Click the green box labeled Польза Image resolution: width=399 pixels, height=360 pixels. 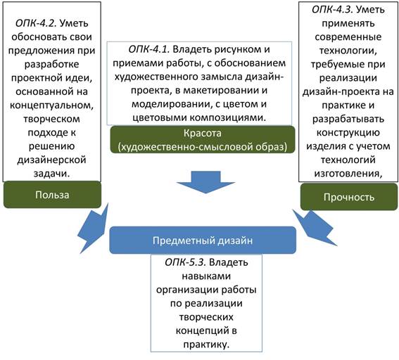pyautogui.click(x=52, y=195)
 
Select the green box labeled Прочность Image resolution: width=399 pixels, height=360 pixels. pyautogui.click(x=349, y=197)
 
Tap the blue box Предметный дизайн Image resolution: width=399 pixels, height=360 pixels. pyautogui.click(x=203, y=240)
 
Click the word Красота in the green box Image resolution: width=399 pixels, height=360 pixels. pyautogui.click(x=203, y=133)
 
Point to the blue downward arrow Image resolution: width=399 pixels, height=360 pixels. pyautogui.click(x=205, y=182)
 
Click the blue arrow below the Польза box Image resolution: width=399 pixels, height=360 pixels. pyautogui.click(x=93, y=229)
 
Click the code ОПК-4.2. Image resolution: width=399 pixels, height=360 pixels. pyautogui.click(x=36, y=23)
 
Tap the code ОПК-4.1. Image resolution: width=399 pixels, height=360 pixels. pyautogui.click(x=149, y=49)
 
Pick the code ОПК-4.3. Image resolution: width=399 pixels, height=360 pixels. pyautogui.click(x=332, y=10)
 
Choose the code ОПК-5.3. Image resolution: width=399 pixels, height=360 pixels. pyautogui.click(x=185, y=262)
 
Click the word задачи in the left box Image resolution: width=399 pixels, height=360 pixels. pyautogui.click(x=51, y=174)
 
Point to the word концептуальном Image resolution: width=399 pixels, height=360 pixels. pyautogui.click(x=51, y=105)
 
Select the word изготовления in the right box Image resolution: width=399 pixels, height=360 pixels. pyautogui.click(x=348, y=174)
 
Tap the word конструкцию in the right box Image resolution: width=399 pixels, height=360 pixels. pyautogui.click(x=348, y=133)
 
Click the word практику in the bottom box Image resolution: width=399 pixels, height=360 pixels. pyautogui.click(x=206, y=345)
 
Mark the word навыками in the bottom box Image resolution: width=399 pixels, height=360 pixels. pyautogui.click(x=206, y=276)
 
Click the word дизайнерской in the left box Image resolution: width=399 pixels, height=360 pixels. pyautogui.click(x=51, y=160)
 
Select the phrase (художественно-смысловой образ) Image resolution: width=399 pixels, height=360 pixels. pyautogui.click(x=203, y=147)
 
